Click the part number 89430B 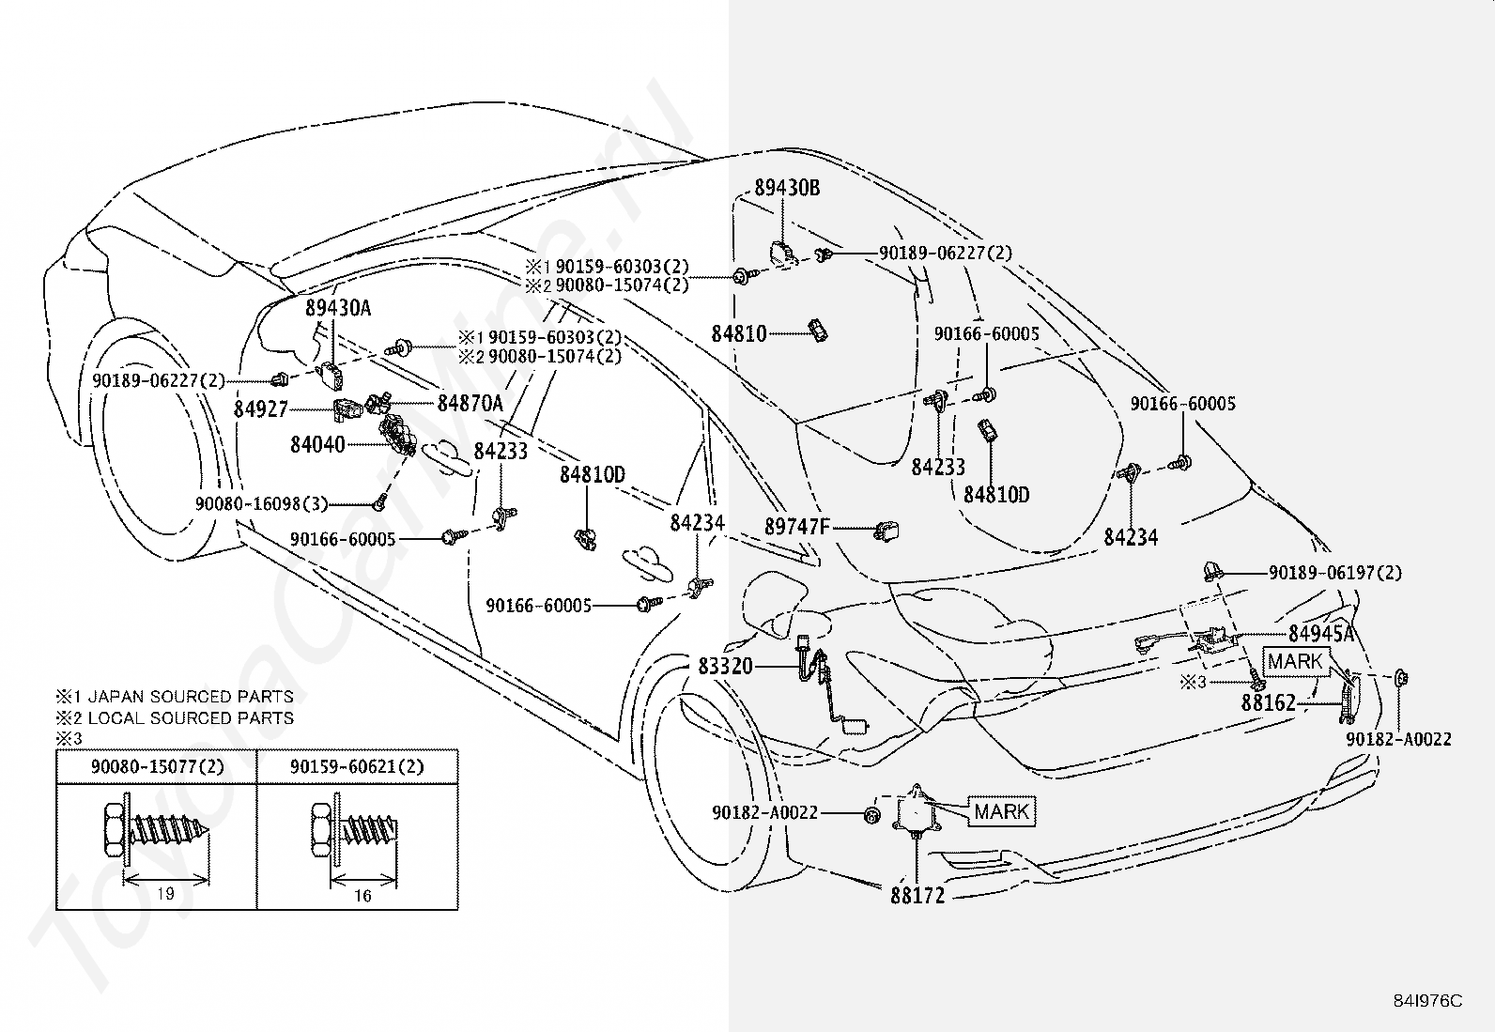(x=787, y=188)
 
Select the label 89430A (x=338, y=308)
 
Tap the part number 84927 (x=260, y=409)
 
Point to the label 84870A (x=470, y=403)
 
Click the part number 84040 (x=317, y=444)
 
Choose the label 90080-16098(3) (x=262, y=504)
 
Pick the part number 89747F (x=797, y=527)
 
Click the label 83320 (x=726, y=666)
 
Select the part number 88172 (x=917, y=896)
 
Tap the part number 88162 (x=1268, y=703)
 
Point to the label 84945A (x=1321, y=633)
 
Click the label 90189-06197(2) (x=1335, y=573)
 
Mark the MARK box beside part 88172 (x=1002, y=811)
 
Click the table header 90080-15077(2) (x=158, y=766)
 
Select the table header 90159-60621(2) (x=357, y=766)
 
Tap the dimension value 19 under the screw (x=165, y=893)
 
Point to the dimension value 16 (x=362, y=895)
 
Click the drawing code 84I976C (x=1427, y=1001)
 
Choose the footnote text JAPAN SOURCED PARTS (x=191, y=697)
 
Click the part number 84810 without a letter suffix (x=739, y=333)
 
